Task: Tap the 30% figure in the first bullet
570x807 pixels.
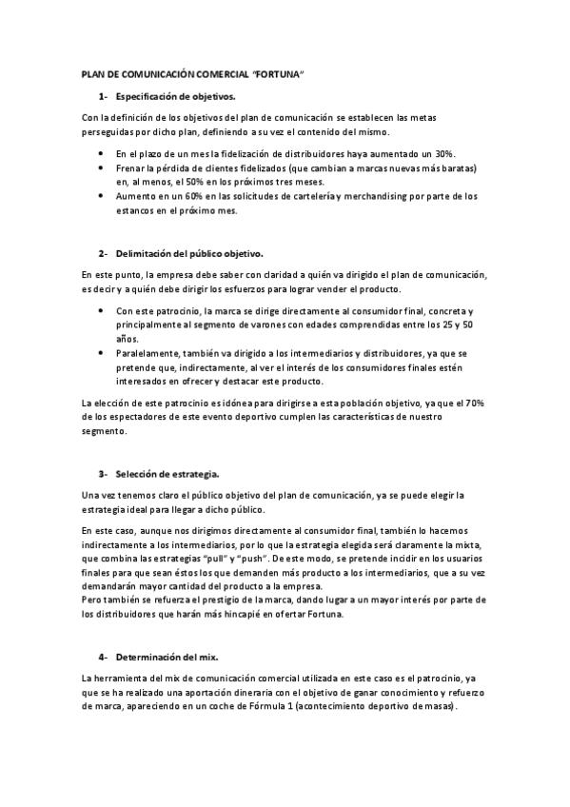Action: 443,153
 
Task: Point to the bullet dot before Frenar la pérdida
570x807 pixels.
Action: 103,167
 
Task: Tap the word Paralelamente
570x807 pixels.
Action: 148,352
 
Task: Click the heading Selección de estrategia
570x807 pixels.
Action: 167,473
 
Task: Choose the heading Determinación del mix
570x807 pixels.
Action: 167,657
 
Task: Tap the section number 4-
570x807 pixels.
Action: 103,657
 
